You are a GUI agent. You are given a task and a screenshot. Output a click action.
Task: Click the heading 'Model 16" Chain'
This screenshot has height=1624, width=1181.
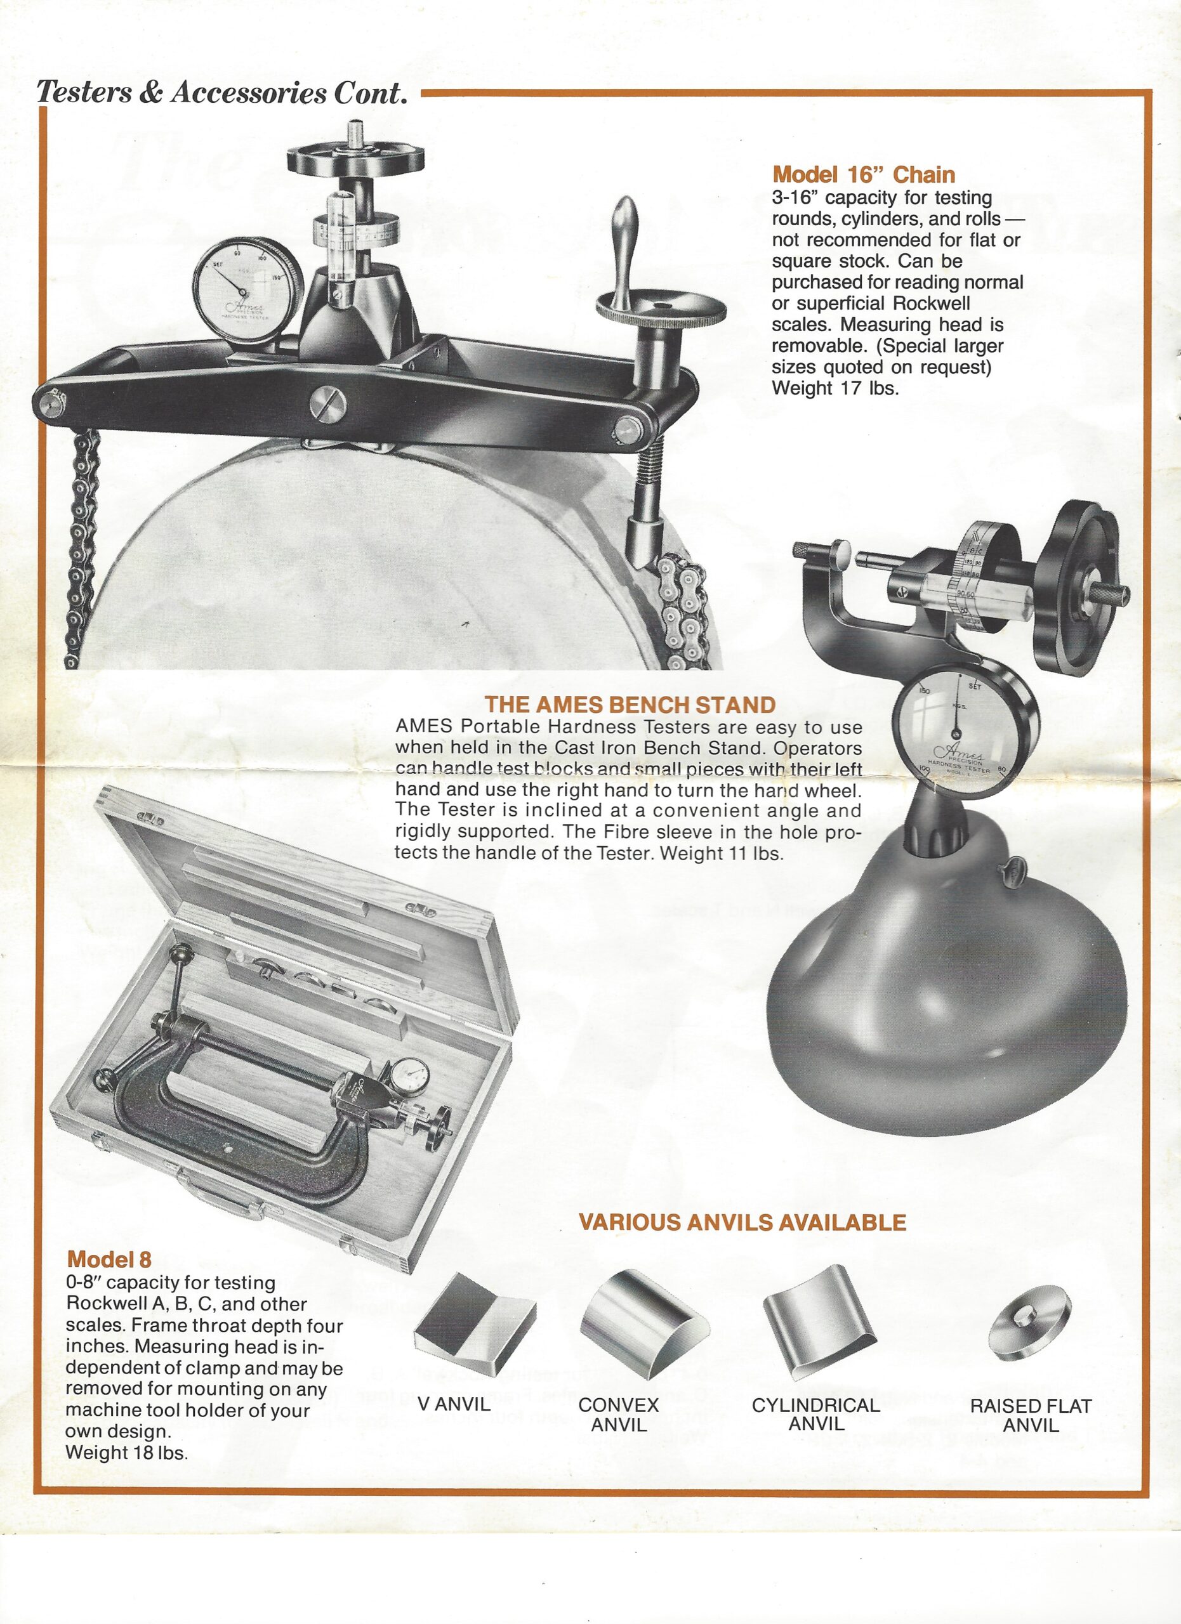(863, 174)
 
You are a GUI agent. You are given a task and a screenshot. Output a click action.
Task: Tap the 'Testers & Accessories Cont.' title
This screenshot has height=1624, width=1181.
(222, 93)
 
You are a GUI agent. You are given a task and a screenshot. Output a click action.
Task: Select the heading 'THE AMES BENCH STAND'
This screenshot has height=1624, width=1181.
(630, 705)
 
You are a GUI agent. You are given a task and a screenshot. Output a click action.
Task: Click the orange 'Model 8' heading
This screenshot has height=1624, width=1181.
(109, 1259)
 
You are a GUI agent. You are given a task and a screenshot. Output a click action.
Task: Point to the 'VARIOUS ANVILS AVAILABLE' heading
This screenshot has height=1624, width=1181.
(742, 1222)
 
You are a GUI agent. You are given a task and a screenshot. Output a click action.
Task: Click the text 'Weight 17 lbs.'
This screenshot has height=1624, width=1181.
(835, 388)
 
